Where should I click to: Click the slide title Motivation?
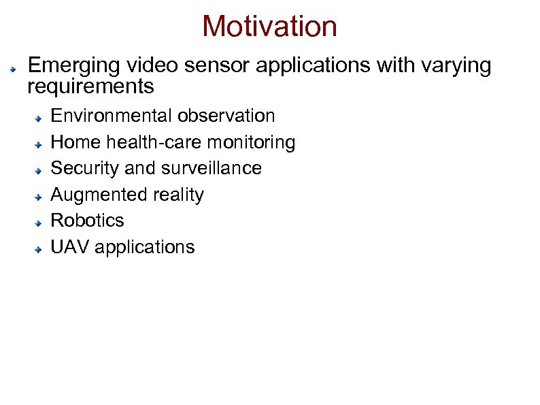tap(269, 27)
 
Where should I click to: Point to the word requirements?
tap(90, 87)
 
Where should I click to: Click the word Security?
tap(85, 168)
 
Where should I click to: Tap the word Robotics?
tap(88, 221)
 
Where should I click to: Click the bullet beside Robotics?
tap(40, 222)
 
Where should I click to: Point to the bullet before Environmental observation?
tap(40, 117)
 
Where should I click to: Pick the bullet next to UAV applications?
tap(40, 248)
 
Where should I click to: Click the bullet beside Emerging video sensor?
tap(12, 69)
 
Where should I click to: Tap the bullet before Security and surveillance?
tap(40, 169)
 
